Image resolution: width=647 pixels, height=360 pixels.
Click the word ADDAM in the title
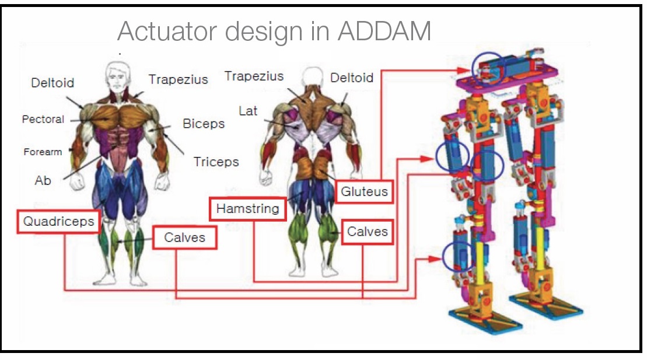pyautogui.click(x=384, y=31)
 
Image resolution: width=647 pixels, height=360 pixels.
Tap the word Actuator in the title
pyautogui.click(x=169, y=31)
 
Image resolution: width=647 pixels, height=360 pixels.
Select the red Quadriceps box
pyautogui.click(x=58, y=222)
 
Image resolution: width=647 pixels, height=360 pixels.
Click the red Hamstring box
pyautogui.click(x=247, y=209)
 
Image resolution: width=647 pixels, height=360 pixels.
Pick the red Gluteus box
pyautogui.click(x=364, y=191)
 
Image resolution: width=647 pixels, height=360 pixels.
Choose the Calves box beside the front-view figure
pyautogui.click(x=184, y=237)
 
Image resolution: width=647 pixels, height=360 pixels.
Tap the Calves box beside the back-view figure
pyautogui.click(x=367, y=232)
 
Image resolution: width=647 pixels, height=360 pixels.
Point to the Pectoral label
pyautogui.click(x=43, y=119)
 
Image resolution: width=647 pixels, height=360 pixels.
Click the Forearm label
pyautogui.click(x=43, y=152)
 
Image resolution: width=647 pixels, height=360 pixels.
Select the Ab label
pyautogui.click(x=43, y=180)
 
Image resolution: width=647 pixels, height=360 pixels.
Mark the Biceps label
pyautogui.click(x=204, y=124)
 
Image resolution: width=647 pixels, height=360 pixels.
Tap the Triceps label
pyautogui.click(x=216, y=162)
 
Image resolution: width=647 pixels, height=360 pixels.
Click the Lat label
pyautogui.click(x=248, y=111)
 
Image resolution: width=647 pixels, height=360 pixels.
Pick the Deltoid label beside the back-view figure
pyautogui.click(x=352, y=78)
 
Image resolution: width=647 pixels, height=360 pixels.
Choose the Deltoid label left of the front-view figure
pyautogui.click(x=53, y=83)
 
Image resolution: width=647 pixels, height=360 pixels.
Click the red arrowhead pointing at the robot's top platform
pyautogui.click(x=463, y=71)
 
